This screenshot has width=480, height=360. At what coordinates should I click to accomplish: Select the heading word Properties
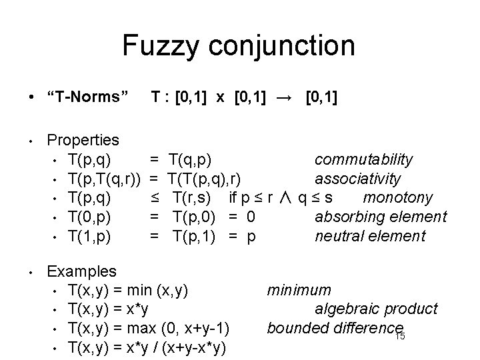[83, 141]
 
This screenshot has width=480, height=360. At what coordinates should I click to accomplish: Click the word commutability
[363, 160]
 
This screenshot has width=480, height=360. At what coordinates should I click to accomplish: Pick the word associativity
[358, 179]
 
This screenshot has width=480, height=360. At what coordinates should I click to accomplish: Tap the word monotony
[398, 198]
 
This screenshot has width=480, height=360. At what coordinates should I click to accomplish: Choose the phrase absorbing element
[381, 217]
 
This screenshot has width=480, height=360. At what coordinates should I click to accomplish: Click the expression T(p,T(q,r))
[103, 179]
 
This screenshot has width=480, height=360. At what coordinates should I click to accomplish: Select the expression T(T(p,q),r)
[205, 179]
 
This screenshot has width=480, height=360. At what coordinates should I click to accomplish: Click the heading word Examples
[82, 271]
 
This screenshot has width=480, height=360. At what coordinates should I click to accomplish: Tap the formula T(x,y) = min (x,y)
[128, 290]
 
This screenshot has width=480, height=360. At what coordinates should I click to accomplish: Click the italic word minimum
[299, 290]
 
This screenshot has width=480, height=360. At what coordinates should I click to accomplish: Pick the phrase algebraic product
[376, 309]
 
